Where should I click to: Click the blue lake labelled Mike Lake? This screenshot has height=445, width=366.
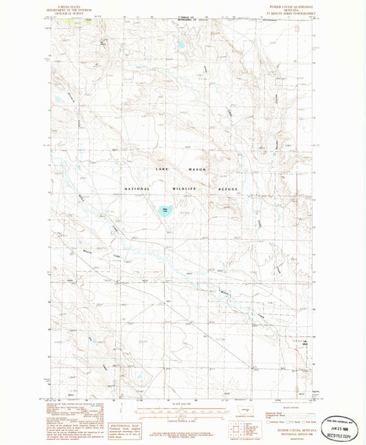(x=165, y=211)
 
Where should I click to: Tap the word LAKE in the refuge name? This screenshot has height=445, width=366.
(x=161, y=169)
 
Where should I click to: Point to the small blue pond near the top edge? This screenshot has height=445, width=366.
(x=180, y=45)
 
